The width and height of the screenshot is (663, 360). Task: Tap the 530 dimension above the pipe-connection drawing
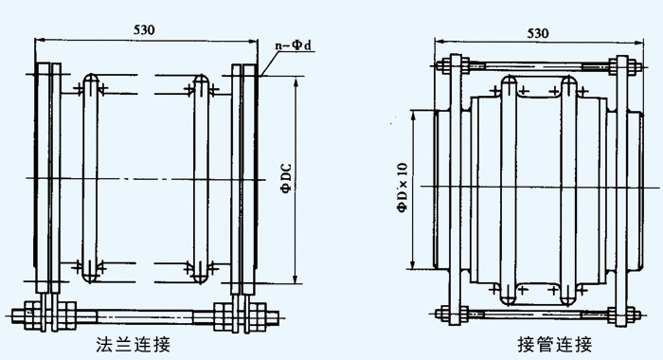pyautogui.click(x=537, y=33)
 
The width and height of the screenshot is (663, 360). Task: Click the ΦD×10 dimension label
pyautogui.click(x=403, y=184)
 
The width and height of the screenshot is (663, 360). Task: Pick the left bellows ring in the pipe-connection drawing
pyautogui.click(x=508, y=189)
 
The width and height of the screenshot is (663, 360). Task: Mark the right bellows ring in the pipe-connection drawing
pyautogui.click(x=568, y=189)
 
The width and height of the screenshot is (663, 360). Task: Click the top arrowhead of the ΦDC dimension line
pyautogui.click(x=296, y=82)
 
